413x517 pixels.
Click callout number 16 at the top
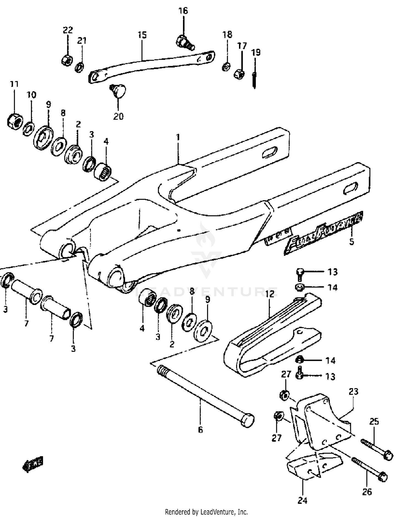click(x=183, y=11)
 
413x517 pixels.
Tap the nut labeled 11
click(x=14, y=121)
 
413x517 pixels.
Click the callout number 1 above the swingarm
click(x=178, y=137)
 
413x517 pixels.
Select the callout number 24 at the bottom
click(x=302, y=500)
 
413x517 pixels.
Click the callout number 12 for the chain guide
click(x=270, y=294)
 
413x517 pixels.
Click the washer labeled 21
click(x=80, y=67)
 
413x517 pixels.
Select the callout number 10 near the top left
click(x=31, y=95)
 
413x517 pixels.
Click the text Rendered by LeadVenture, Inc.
click(x=206, y=512)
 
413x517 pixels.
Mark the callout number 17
click(x=242, y=46)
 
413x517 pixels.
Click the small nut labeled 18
click(x=226, y=67)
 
